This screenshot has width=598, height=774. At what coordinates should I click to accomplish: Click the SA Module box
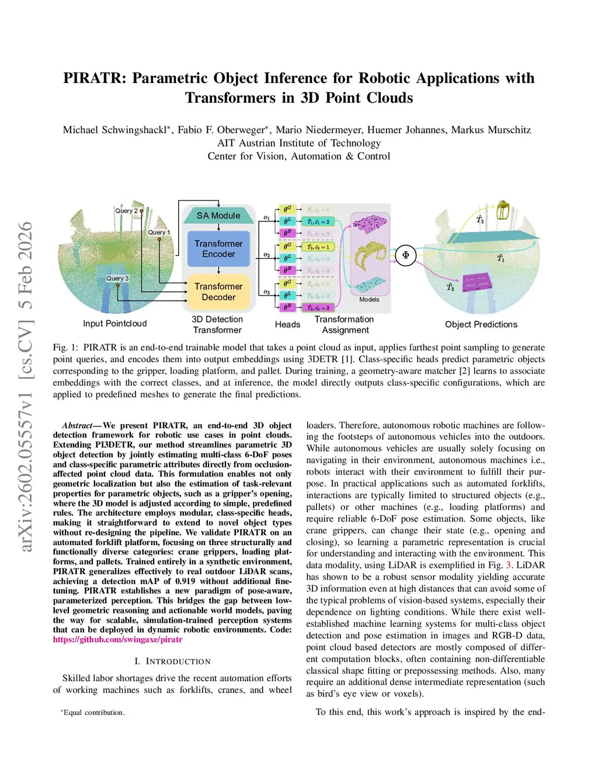coord(218,216)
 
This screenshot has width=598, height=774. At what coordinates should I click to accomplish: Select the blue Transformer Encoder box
coord(218,249)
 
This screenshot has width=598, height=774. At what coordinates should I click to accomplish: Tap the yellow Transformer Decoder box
coord(218,291)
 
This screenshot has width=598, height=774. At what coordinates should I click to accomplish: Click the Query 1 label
coord(158,232)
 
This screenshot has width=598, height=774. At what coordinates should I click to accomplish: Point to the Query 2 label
coord(126,211)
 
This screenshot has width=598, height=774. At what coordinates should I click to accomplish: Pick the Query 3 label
coord(117,279)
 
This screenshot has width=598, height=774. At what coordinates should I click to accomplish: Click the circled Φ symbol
coord(406,255)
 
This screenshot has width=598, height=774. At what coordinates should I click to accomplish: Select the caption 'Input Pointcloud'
coord(115,324)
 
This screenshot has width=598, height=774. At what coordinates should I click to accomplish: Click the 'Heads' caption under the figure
coord(287,324)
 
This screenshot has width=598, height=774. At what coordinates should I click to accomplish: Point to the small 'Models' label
coord(369,300)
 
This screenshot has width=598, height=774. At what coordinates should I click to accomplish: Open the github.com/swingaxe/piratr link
coord(117,640)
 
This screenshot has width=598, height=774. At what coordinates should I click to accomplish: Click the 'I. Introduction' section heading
coord(172,661)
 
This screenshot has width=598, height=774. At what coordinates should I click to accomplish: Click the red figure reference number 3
coord(509,565)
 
